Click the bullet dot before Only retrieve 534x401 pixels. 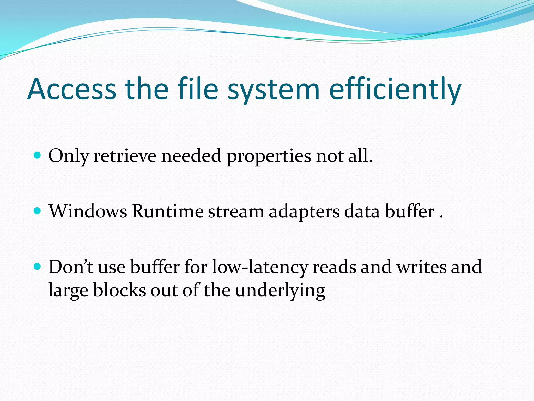point(38,156)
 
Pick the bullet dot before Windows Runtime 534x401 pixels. point(38,211)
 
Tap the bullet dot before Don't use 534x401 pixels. point(38,267)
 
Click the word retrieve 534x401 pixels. point(125,156)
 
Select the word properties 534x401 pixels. point(269,156)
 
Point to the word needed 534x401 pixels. point(191,156)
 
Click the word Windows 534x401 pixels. point(88,211)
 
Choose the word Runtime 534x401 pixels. point(167,211)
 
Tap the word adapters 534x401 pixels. point(304,211)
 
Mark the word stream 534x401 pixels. point(236,211)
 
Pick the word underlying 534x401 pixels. point(280,290)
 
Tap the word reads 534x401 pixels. point(334,267)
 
